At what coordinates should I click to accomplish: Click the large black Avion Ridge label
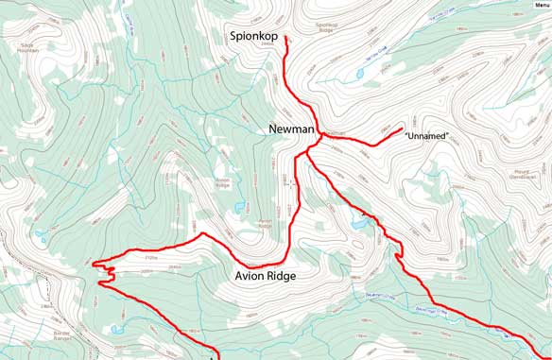265,277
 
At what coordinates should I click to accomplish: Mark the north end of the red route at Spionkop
285,37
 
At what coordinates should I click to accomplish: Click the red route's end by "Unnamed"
403,129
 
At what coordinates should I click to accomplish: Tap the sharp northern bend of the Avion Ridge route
201,233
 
